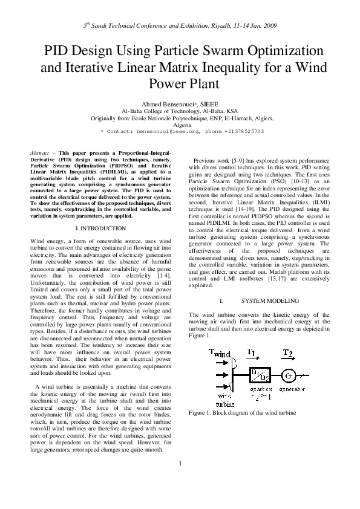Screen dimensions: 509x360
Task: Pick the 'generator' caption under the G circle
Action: pos(292,391)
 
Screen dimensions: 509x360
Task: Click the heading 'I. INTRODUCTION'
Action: pos(100,229)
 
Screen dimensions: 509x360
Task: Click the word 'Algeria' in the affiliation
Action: pos(180,125)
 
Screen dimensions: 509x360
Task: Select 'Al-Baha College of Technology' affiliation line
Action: pos(180,112)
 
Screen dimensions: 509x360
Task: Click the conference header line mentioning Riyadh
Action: pos(180,27)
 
